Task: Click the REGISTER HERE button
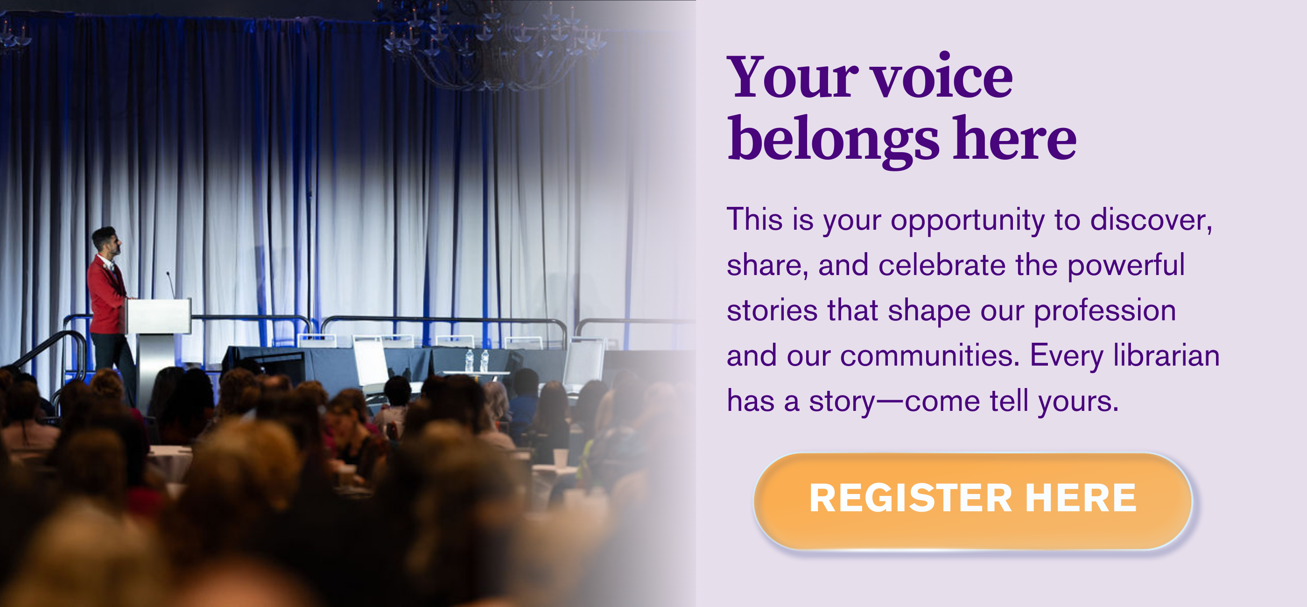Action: pyautogui.click(x=973, y=501)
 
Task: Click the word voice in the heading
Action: pyautogui.click(x=942, y=77)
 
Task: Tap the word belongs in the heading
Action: pyautogui.click(x=834, y=140)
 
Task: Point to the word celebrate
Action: pyautogui.click(x=942, y=265)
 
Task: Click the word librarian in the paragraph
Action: pyautogui.click(x=1166, y=355)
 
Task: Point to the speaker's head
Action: pyautogui.click(x=106, y=241)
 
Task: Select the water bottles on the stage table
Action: pyautogui.click(x=477, y=361)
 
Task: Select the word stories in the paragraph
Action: pyautogui.click(x=772, y=311)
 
